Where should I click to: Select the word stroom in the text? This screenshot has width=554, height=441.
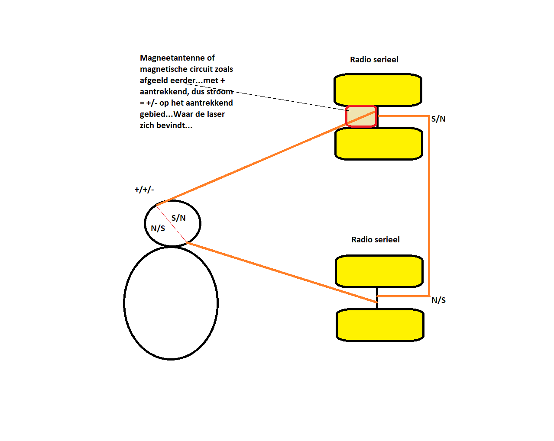pos(220,92)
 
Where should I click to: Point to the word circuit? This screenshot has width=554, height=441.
pos(200,69)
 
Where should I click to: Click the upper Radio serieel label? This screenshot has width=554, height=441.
pos(374,60)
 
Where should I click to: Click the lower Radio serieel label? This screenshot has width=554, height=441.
pos(375,240)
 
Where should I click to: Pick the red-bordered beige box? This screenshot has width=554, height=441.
pos(361,116)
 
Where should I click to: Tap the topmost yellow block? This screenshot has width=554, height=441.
pos(378,90)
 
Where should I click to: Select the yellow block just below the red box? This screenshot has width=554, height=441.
pos(379,144)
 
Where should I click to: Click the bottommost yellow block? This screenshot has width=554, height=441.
pos(380,325)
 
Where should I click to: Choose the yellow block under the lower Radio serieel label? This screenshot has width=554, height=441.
pos(379,271)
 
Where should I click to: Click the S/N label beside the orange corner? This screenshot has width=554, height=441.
pos(438,119)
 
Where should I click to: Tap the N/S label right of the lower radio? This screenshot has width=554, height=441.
pos(438,300)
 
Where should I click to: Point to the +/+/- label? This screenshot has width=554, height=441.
pos(144,190)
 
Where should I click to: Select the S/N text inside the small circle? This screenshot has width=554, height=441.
pos(178,218)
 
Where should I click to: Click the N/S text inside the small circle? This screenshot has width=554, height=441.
pos(158,229)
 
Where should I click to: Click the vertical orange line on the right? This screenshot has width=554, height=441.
pos(429,208)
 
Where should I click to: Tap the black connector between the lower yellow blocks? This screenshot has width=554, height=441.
pos(377,299)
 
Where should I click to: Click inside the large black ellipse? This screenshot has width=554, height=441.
pos(171,303)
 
